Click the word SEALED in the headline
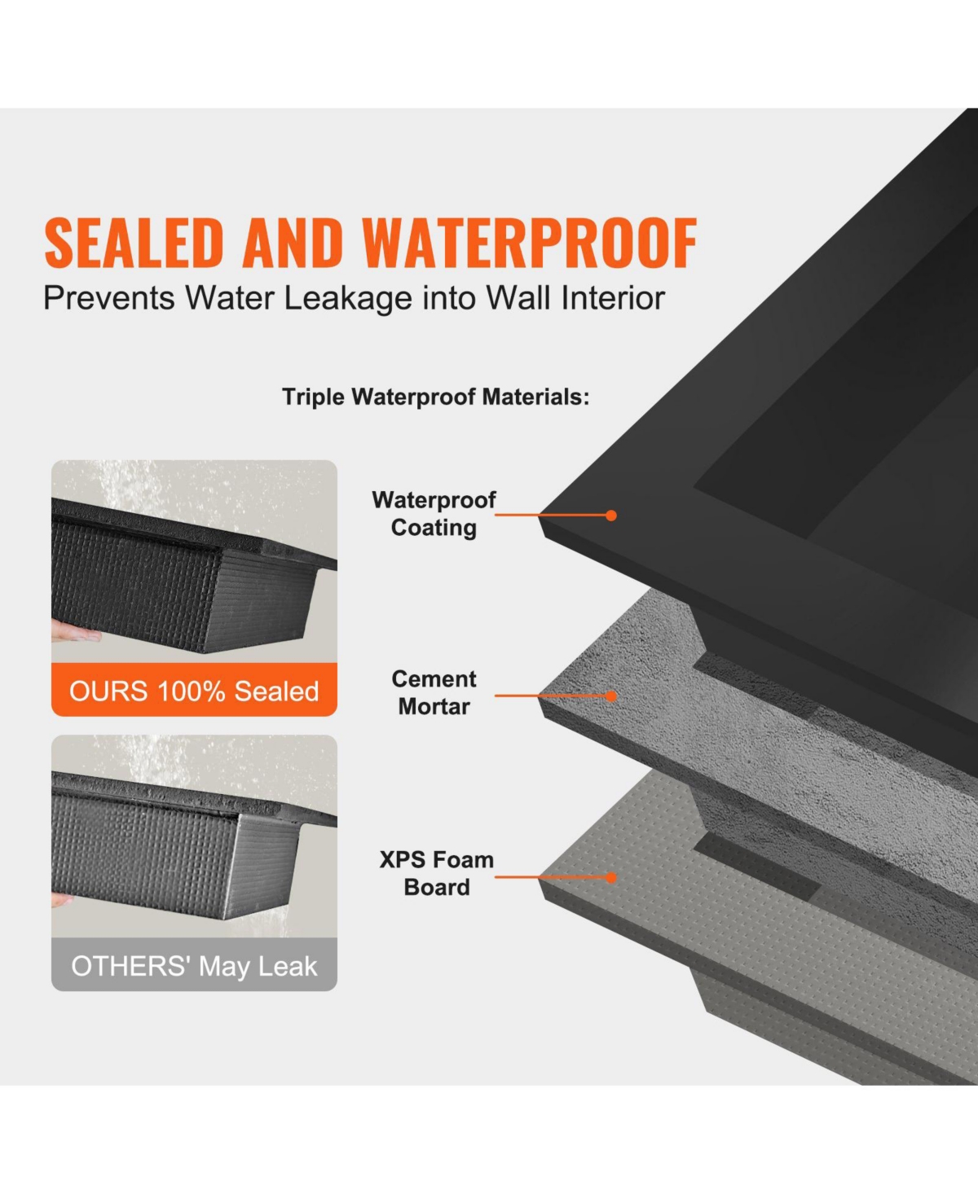tap(134, 243)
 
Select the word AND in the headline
tap(293, 243)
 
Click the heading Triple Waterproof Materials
tap(435, 397)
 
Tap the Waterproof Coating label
tap(434, 513)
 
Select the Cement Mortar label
tap(434, 692)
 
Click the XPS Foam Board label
tap(436, 873)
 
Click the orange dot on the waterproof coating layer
tap(611, 516)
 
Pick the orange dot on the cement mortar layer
tap(611, 696)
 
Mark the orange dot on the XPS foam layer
tap(611, 877)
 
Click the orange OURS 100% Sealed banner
tap(194, 691)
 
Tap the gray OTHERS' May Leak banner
tap(194, 966)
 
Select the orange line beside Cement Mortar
tap(550, 696)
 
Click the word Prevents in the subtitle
tap(108, 298)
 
